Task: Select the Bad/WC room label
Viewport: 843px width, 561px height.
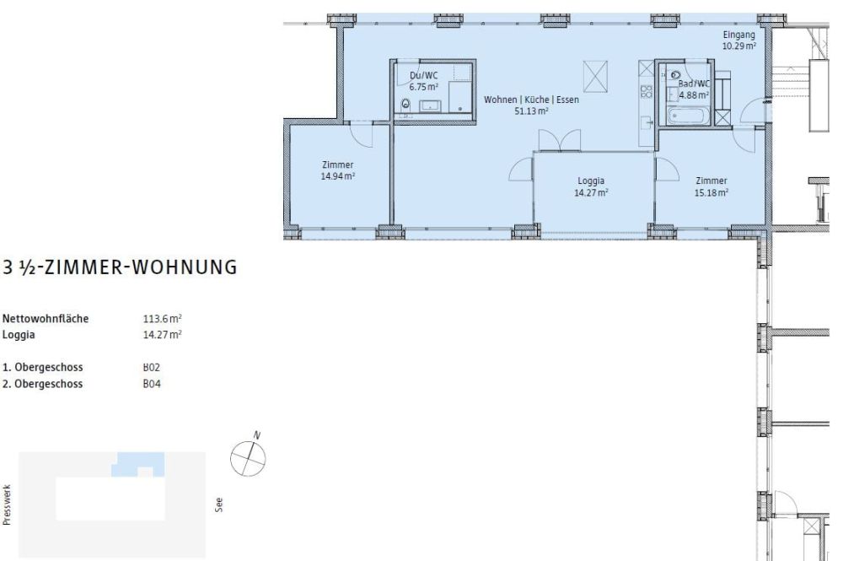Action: (x=695, y=84)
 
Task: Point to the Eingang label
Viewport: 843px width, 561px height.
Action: (x=738, y=35)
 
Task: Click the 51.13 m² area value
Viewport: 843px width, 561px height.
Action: (x=532, y=110)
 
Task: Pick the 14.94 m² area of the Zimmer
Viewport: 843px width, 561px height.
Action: (x=337, y=175)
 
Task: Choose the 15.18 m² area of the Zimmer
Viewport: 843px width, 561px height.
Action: (x=711, y=191)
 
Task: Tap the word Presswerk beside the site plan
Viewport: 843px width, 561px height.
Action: (x=8, y=504)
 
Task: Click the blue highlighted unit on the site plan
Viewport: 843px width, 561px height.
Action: (x=137, y=462)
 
